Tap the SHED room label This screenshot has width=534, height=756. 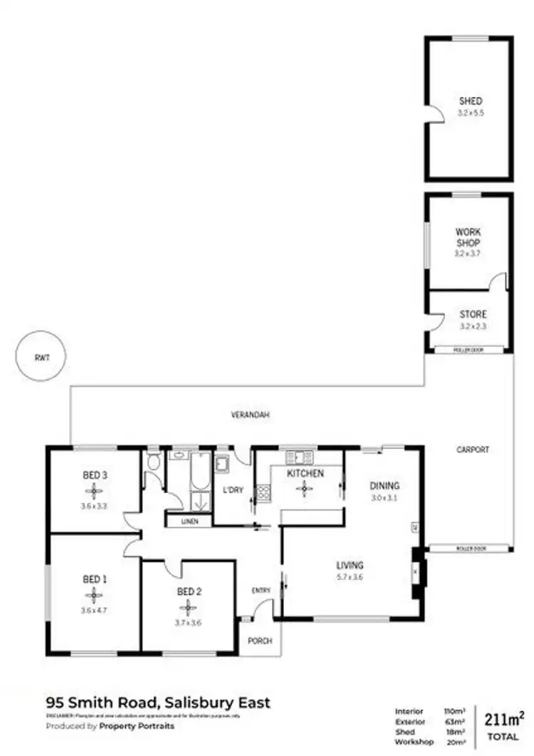tap(470, 101)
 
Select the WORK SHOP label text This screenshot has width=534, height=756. tap(468, 237)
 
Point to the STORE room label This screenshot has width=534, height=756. tap(473, 314)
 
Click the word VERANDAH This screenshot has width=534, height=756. tap(244, 414)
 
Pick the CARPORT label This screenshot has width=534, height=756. tap(473, 450)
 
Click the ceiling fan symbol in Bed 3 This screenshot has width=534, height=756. tap(94, 490)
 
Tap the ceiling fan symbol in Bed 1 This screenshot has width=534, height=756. tap(94, 595)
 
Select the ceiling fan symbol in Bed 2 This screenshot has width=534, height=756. tap(188, 607)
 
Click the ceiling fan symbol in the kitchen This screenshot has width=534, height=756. tap(305, 488)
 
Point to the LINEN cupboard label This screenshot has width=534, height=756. tap(189, 521)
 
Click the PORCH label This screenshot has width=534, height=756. tap(260, 641)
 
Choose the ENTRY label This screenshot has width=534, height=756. tap(261, 591)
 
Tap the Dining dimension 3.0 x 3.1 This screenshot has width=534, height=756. tap(384, 498)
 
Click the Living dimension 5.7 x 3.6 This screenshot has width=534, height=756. tap(350, 577)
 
